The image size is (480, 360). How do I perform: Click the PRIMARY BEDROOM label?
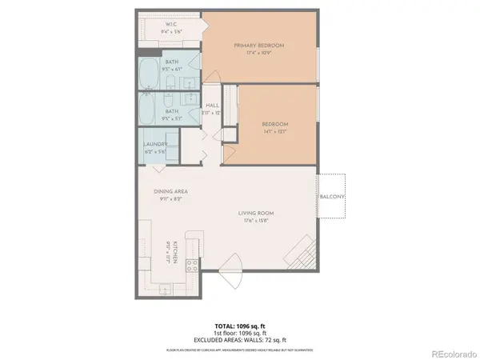point(258,46)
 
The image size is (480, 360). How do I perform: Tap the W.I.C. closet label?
point(171,25)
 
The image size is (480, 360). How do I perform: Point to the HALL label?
point(213,105)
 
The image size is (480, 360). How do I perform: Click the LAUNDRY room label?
point(155,144)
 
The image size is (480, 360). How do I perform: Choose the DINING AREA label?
point(170,193)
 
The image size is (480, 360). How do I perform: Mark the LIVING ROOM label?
point(256,212)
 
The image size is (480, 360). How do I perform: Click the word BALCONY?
point(332,197)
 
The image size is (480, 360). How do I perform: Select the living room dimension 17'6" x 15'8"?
point(256,222)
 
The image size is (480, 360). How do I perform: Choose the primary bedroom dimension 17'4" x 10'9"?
point(258,54)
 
